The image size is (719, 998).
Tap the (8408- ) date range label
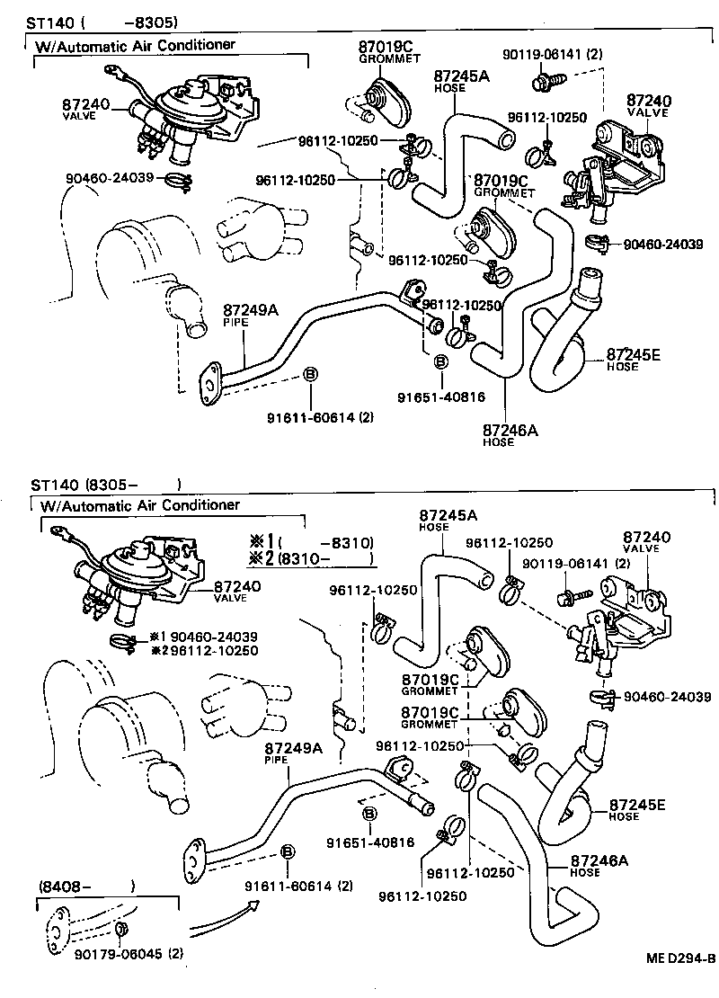(x=86, y=886)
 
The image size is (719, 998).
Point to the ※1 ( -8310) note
(x=311, y=541)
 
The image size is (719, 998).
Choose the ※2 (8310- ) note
(x=311, y=558)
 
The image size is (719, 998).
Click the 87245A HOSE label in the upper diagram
(x=461, y=81)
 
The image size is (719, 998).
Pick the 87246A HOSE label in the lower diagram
(x=599, y=864)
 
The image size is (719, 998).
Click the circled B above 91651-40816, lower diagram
(x=368, y=815)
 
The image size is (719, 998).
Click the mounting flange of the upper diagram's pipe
(x=209, y=380)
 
